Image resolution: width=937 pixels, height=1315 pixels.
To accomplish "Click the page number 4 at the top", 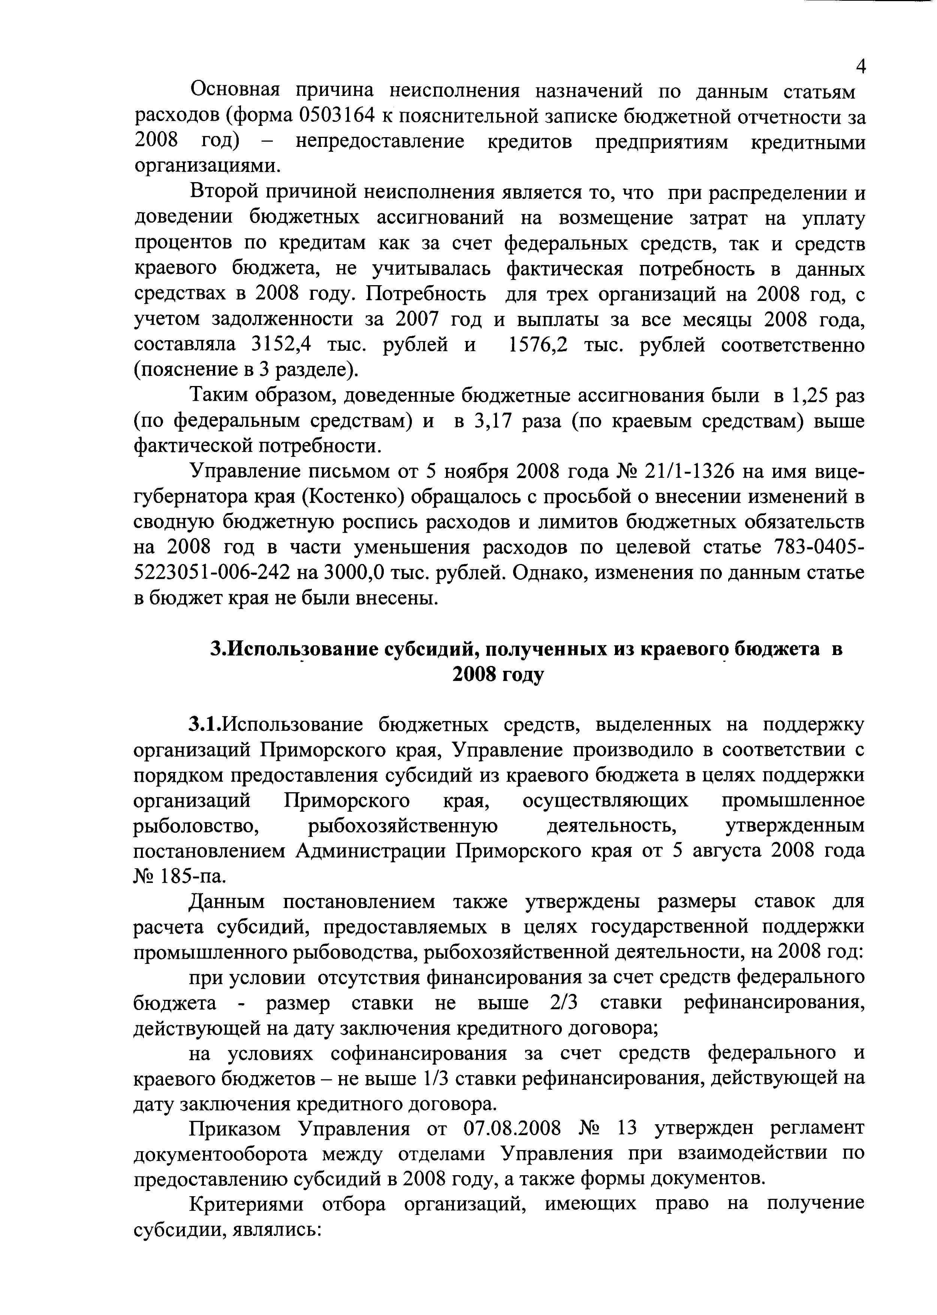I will (x=860, y=67).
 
